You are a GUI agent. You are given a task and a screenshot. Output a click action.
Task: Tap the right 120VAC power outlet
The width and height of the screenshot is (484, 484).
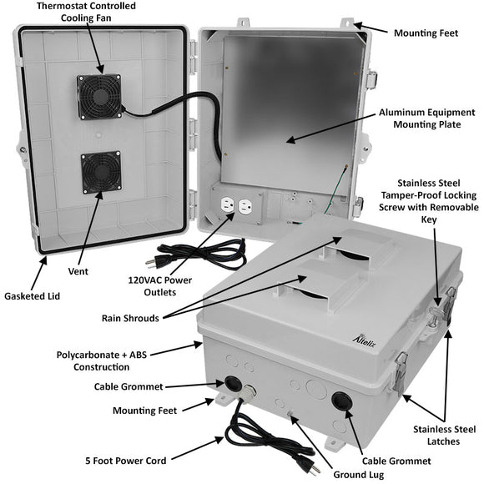(x=245, y=206)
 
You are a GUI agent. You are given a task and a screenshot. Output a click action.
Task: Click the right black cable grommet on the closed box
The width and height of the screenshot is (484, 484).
(x=342, y=401)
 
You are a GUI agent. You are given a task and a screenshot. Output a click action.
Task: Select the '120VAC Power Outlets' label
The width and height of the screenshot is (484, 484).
(x=159, y=285)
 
